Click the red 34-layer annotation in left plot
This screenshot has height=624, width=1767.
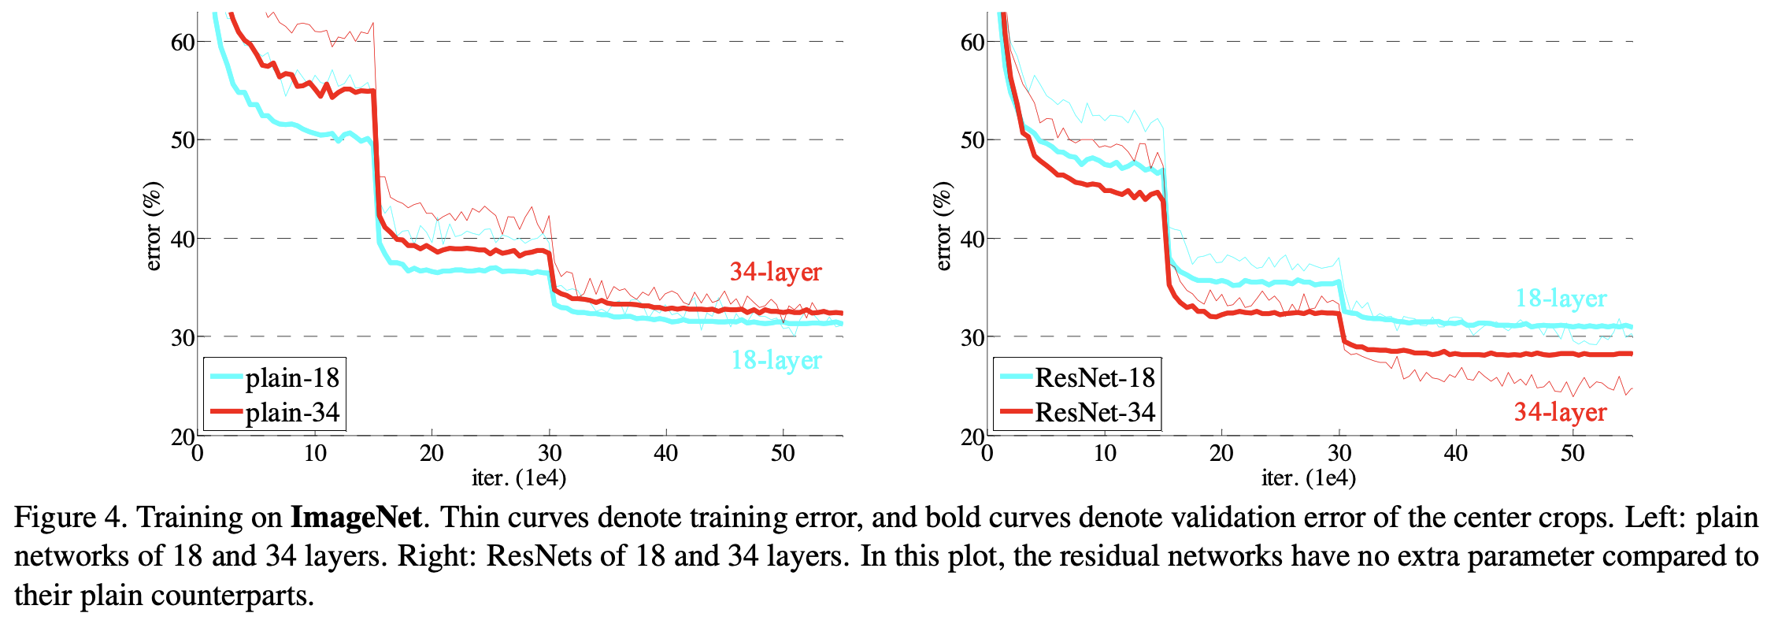pyautogui.click(x=776, y=272)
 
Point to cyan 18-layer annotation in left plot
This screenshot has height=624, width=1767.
pyautogui.click(x=776, y=360)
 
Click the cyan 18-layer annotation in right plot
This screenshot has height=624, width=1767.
pyautogui.click(x=1561, y=298)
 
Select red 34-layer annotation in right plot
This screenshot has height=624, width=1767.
pyautogui.click(x=1560, y=411)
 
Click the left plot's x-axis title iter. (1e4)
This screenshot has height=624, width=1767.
pyautogui.click(x=519, y=477)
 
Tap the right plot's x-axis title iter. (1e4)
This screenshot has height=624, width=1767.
pyautogui.click(x=1309, y=477)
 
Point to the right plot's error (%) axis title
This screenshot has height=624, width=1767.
pyautogui.click(x=943, y=226)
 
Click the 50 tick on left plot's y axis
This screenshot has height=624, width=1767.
pyautogui.click(x=183, y=140)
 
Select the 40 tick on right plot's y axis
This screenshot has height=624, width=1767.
pyautogui.click(x=972, y=239)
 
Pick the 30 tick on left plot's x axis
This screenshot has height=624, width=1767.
pyautogui.click(x=550, y=453)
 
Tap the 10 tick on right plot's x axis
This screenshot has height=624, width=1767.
pyautogui.click(x=1105, y=453)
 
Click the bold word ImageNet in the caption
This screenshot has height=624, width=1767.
pyautogui.click(x=357, y=518)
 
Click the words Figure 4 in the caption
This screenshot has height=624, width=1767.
pyautogui.click(x=68, y=518)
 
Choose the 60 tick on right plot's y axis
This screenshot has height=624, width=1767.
pyautogui.click(x=972, y=42)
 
